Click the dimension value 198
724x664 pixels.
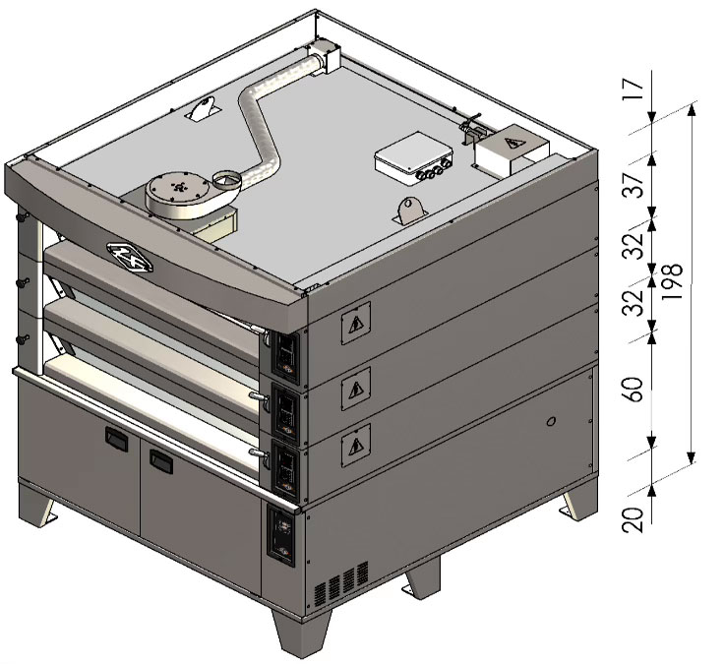pyautogui.click(x=672, y=281)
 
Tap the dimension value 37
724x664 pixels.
pyautogui.click(x=633, y=186)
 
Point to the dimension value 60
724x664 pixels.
pyautogui.click(x=633, y=391)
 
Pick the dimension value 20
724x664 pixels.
pyautogui.click(x=633, y=520)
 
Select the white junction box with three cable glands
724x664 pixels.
pyautogui.click(x=413, y=158)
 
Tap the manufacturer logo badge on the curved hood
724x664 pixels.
pyautogui.click(x=130, y=257)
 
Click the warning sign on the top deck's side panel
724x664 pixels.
pyautogui.click(x=355, y=324)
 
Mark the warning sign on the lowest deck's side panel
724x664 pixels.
pyautogui.click(x=355, y=446)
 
